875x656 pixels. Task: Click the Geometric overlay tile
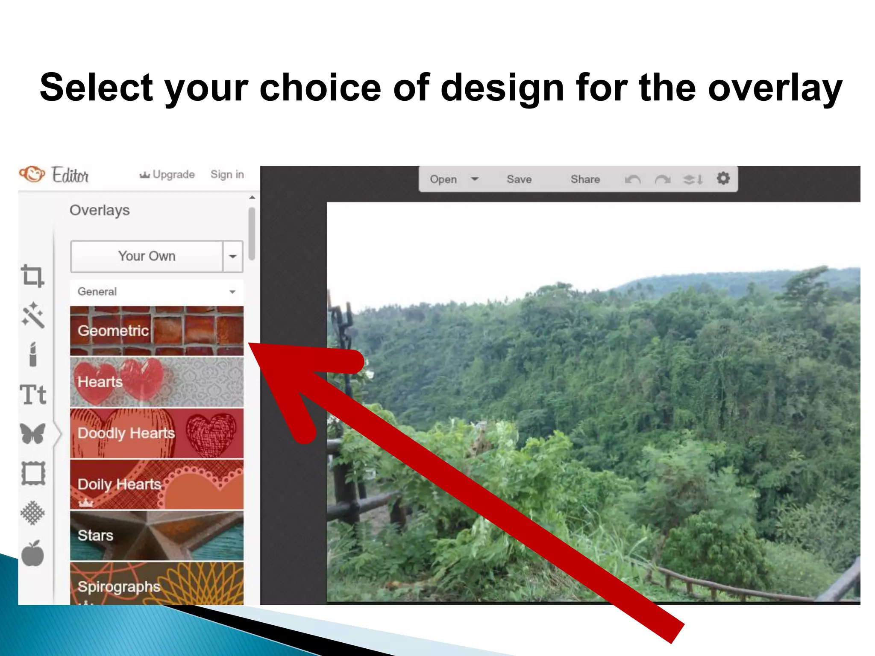coord(156,331)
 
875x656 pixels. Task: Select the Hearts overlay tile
coord(156,382)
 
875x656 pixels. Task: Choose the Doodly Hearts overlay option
coord(156,433)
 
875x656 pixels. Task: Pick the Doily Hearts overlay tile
coord(156,484)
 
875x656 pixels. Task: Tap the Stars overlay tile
coord(156,536)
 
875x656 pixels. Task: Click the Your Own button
coord(147,256)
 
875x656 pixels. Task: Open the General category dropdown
coord(156,292)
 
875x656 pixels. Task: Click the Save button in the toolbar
coord(519,179)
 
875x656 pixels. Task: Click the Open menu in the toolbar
coord(443,179)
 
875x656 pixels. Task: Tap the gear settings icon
coord(723,179)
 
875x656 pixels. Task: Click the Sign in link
coord(227,175)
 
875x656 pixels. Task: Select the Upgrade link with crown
coord(167,175)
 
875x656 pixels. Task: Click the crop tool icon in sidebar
coord(32,276)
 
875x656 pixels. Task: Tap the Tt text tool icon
coord(33,395)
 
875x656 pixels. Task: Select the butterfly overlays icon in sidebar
coord(33,434)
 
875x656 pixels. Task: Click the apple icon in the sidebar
coord(33,554)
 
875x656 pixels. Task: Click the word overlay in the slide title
coord(775,88)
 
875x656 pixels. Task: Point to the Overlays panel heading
coord(100,210)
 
